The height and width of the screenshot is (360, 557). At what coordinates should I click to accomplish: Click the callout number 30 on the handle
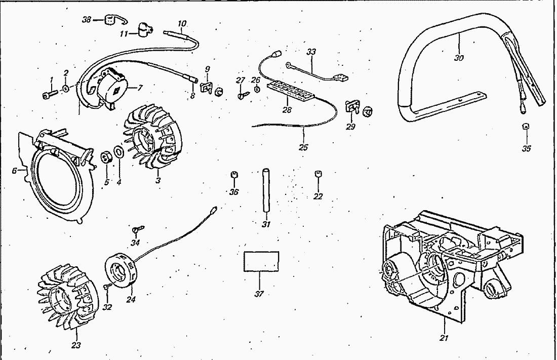[459, 57]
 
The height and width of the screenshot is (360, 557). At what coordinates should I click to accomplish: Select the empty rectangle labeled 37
[261, 261]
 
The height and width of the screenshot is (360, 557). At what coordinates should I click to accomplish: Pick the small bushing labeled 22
[319, 175]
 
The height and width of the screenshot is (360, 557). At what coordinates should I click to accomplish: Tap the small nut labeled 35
[526, 127]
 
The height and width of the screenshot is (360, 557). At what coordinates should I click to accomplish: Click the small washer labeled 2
[66, 90]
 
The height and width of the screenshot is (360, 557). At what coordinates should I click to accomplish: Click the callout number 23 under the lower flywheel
[76, 346]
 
